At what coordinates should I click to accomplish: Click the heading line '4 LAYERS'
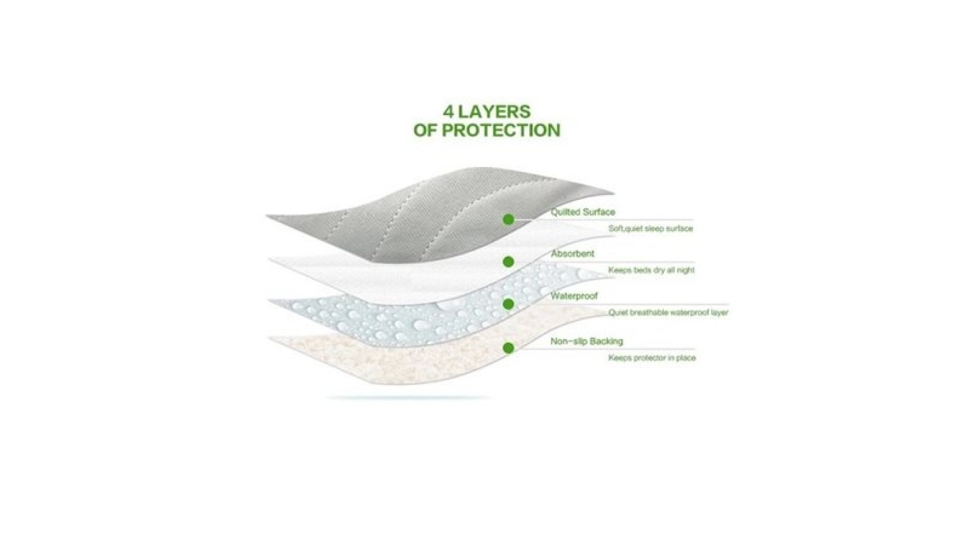tap(487, 111)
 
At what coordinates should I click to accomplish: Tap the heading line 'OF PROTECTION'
tap(487, 130)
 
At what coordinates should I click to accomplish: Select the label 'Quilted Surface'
tap(583, 212)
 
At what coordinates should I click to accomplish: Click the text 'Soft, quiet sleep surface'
tap(650, 228)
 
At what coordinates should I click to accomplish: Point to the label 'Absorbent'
tap(572, 254)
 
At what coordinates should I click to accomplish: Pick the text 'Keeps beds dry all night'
tap(651, 270)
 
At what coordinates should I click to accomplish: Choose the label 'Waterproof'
tap(574, 297)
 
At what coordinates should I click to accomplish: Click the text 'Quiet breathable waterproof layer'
tap(668, 313)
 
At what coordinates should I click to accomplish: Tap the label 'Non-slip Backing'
tap(586, 341)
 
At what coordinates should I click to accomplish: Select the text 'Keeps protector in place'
tap(652, 358)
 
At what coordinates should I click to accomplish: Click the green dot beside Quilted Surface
tap(508, 219)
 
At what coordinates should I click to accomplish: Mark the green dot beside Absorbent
tap(508, 262)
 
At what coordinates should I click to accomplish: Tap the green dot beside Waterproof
tap(508, 304)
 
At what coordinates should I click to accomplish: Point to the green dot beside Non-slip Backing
tap(508, 347)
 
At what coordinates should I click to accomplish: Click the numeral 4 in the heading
tap(448, 111)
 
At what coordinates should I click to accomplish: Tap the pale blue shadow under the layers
tap(408, 398)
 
